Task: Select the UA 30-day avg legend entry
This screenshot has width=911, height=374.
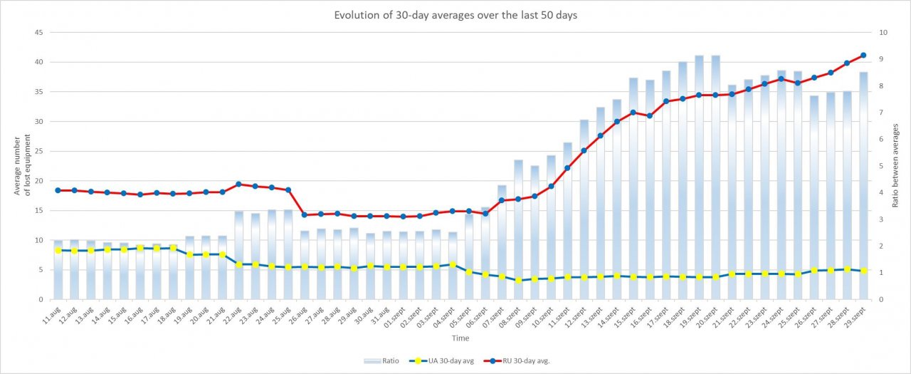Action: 446,360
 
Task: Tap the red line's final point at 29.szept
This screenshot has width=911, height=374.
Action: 863,55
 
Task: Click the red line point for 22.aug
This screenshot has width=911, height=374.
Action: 238,184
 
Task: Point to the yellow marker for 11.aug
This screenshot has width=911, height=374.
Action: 58,250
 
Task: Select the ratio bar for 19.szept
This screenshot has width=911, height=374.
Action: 699,178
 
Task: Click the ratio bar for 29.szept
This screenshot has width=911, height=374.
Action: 863,185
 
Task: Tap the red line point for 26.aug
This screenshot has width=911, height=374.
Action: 305,214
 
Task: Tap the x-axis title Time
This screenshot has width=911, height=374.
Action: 460,338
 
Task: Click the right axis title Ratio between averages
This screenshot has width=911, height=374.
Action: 896,165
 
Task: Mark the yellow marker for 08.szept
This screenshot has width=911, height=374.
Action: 518,280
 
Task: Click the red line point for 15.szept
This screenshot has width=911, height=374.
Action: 633,113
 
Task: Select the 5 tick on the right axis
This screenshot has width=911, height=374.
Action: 882,166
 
